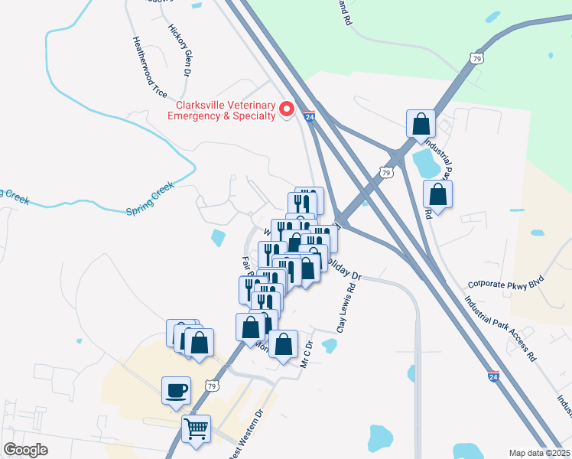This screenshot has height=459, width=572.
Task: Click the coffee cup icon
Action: tap(176, 390)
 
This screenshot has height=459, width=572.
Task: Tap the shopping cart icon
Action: tap(196, 428)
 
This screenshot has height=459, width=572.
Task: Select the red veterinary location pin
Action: tap(288, 109)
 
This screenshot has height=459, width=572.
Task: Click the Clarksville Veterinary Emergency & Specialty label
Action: tap(225, 110)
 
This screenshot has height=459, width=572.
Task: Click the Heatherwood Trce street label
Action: tap(149, 67)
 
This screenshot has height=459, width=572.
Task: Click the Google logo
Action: tap(25, 449)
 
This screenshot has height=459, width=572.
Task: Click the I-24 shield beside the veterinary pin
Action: tap(309, 116)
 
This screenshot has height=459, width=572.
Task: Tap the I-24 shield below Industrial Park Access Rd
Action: tap(495, 376)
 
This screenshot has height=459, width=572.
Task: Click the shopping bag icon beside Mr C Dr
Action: tap(283, 344)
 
